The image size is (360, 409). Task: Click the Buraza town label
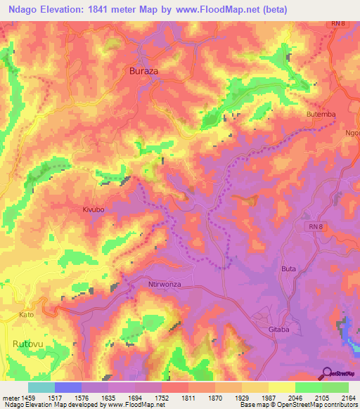pos(145,71)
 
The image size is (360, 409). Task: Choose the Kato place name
pos(26,314)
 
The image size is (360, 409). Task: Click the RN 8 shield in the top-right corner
pos(339,24)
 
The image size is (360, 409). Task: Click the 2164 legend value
pos(347,397)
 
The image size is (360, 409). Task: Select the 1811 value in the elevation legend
pos(186,397)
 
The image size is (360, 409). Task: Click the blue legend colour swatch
pos(67,387)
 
